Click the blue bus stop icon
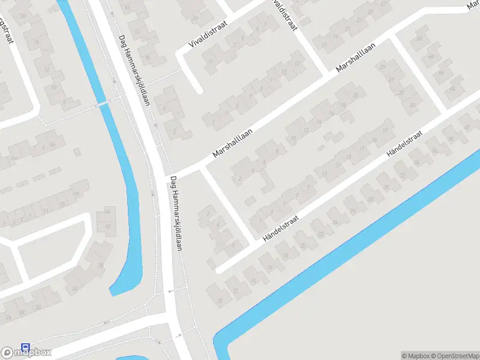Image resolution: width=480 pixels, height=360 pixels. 25,347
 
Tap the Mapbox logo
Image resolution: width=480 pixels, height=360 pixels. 26,352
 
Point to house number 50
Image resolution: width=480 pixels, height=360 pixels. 419,39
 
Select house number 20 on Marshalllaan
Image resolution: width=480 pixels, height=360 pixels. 356,94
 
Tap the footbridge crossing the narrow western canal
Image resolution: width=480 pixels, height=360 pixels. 104,103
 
